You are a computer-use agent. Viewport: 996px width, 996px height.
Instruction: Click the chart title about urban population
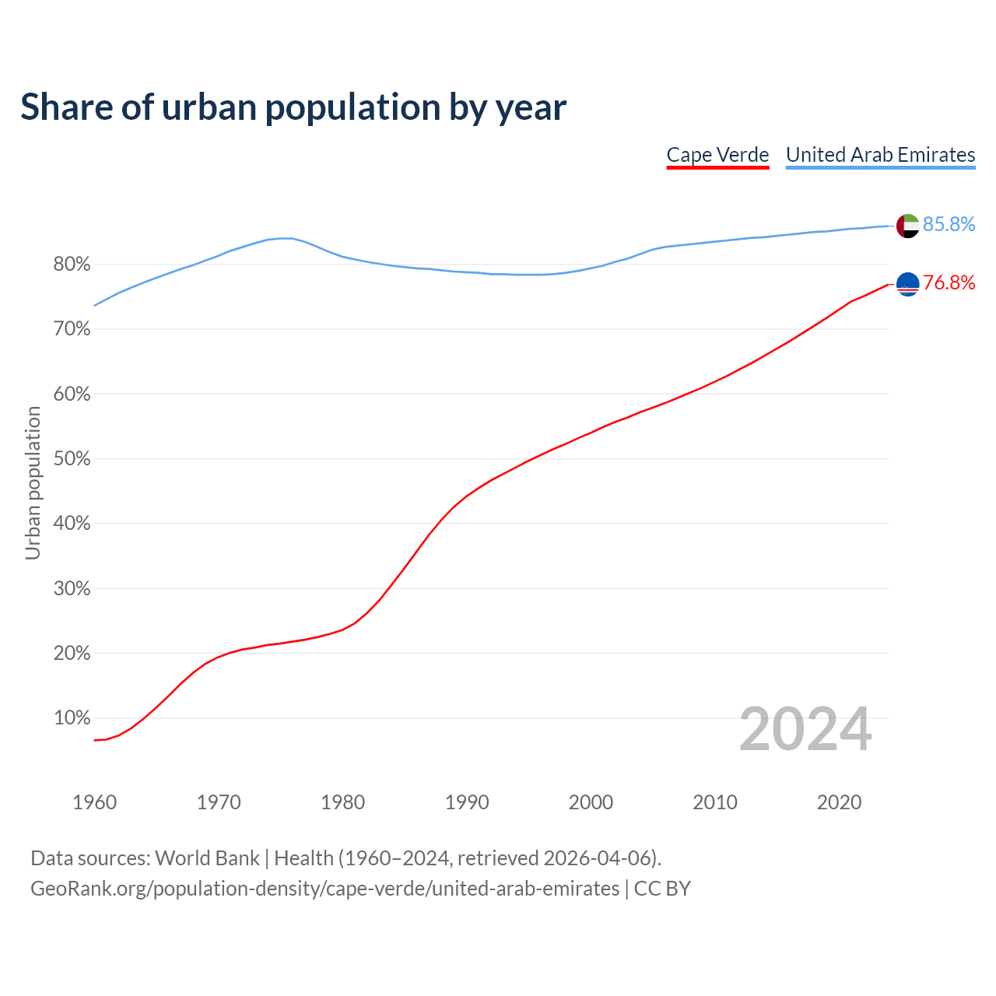(x=293, y=107)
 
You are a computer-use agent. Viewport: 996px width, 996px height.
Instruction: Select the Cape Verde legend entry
(x=717, y=155)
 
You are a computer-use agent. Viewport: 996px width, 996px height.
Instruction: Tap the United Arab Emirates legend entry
(x=880, y=155)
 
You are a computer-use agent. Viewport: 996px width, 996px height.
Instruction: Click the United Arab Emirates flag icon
(x=907, y=226)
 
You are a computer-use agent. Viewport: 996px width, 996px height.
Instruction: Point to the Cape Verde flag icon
(x=907, y=284)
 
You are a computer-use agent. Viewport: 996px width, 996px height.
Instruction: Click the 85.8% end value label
(x=949, y=225)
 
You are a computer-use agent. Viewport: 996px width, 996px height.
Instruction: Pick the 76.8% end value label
(x=949, y=283)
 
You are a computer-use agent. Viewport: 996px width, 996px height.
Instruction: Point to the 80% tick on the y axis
(x=72, y=265)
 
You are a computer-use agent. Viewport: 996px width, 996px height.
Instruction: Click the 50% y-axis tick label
(x=72, y=459)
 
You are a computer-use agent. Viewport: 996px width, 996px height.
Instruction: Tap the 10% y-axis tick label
(x=72, y=718)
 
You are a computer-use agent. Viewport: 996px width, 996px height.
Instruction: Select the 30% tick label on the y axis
(x=72, y=589)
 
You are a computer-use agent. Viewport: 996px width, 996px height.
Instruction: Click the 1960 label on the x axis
(x=94, y=802)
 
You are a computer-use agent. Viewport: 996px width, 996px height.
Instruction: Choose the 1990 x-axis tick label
(x=467, y=802)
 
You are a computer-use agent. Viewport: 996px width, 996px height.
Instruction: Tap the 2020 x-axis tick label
(x=839, y=802)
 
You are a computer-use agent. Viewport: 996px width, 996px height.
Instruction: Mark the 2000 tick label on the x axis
(x=591, y=802)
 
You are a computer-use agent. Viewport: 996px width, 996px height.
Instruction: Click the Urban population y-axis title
(x=33, y=483)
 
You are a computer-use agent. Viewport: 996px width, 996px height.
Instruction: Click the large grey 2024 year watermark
(x=805, y=730)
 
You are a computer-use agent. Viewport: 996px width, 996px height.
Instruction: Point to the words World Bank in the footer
(x=207, y=858)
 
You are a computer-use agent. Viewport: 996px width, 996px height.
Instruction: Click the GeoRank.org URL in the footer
(x=324, y=889)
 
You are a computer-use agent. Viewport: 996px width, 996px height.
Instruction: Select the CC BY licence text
(x=662, y=889)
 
